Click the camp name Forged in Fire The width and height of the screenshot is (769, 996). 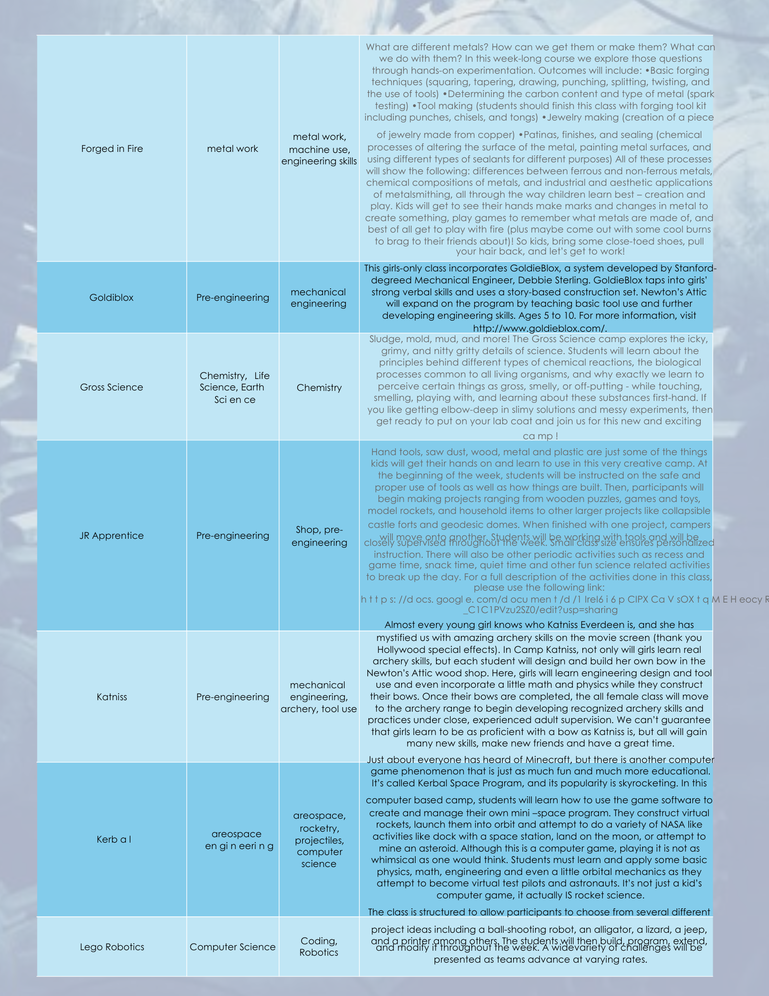pos(112,149)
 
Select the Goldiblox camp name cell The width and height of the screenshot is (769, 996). pos(111,298)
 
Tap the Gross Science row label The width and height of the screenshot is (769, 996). pos(111,387)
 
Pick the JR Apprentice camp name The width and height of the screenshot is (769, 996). pos(111,536)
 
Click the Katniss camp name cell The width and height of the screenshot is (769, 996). pos(111,697)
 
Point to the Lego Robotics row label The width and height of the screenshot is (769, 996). pos(112,947)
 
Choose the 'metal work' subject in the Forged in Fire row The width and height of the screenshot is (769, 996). pos(232,149)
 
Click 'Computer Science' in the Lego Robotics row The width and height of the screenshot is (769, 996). pos(232,947)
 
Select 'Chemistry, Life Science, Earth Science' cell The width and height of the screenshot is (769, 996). pos(234,387)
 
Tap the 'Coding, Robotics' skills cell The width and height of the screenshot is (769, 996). pos(319,947)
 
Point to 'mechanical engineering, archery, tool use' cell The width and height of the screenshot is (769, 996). pos(319,697)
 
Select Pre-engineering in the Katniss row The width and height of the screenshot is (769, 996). pos(232,697)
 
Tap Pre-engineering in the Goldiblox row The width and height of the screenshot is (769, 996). pos(232,298)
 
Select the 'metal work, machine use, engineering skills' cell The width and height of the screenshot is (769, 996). pos(319,149)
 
